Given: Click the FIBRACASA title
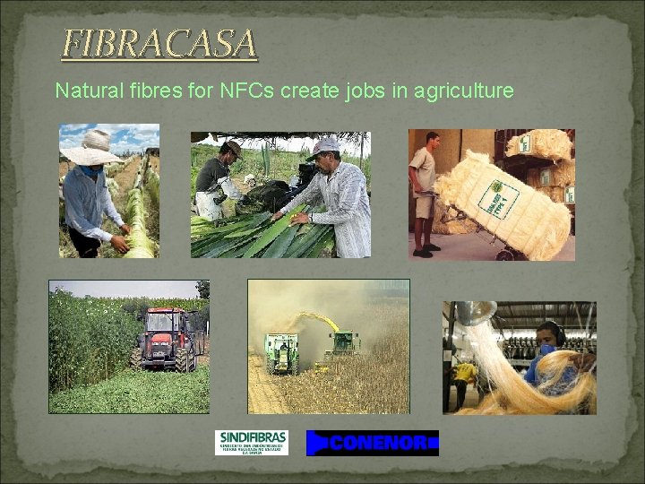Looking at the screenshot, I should pos(159,44).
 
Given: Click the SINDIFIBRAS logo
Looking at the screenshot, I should pos(252,442).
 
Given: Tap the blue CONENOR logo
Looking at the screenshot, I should pos(372,443).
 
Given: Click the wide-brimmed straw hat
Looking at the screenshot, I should pos(91,150).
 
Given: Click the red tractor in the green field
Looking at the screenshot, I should pos(164,340).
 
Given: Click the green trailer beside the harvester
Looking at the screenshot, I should pos(281,352).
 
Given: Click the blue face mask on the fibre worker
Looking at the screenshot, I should pos(546,351).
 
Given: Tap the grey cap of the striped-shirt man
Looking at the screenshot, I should pos(324,146).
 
